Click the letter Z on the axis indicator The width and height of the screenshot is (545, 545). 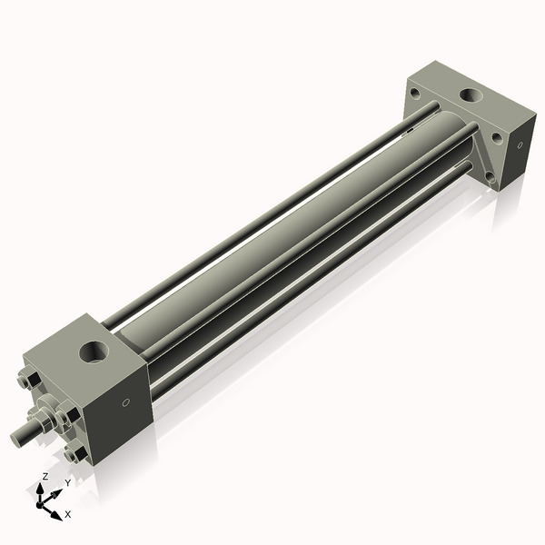pyautogui.click(x=45, y=476)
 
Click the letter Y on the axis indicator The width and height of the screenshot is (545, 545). pyautogui.click(x=67, y=483)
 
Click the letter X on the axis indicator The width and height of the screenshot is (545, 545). pyautogui.click(x=68, y=514)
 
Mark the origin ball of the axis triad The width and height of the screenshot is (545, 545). pyautogui.click(x=43, y=500)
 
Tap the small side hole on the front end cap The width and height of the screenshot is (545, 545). pyautogui.click(x=125, y=402)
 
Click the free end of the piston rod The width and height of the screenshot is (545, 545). pyautogui.click(x=17, y=438)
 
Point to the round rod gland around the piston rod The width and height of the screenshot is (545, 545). pyautogui.click(x=45, y=418)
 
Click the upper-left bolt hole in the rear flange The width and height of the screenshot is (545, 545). pyautogui.click(x=415, y=92)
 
